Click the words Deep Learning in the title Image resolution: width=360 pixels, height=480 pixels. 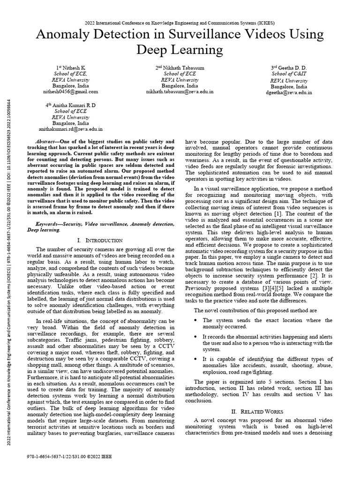[180, 50]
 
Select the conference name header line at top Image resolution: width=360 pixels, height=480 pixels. [180, 22]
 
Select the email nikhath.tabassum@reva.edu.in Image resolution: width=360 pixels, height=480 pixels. [180, 92]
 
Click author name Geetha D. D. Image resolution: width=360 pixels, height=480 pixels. [289, 67]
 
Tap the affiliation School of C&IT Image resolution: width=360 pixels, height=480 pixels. [289, 74]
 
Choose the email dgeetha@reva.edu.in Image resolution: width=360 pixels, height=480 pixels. [289, 93]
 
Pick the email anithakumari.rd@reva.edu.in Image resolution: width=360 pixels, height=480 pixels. [70, 128]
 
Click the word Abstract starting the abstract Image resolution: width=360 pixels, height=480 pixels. [46, 142]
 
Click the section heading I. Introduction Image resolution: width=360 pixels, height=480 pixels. [99, 240]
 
